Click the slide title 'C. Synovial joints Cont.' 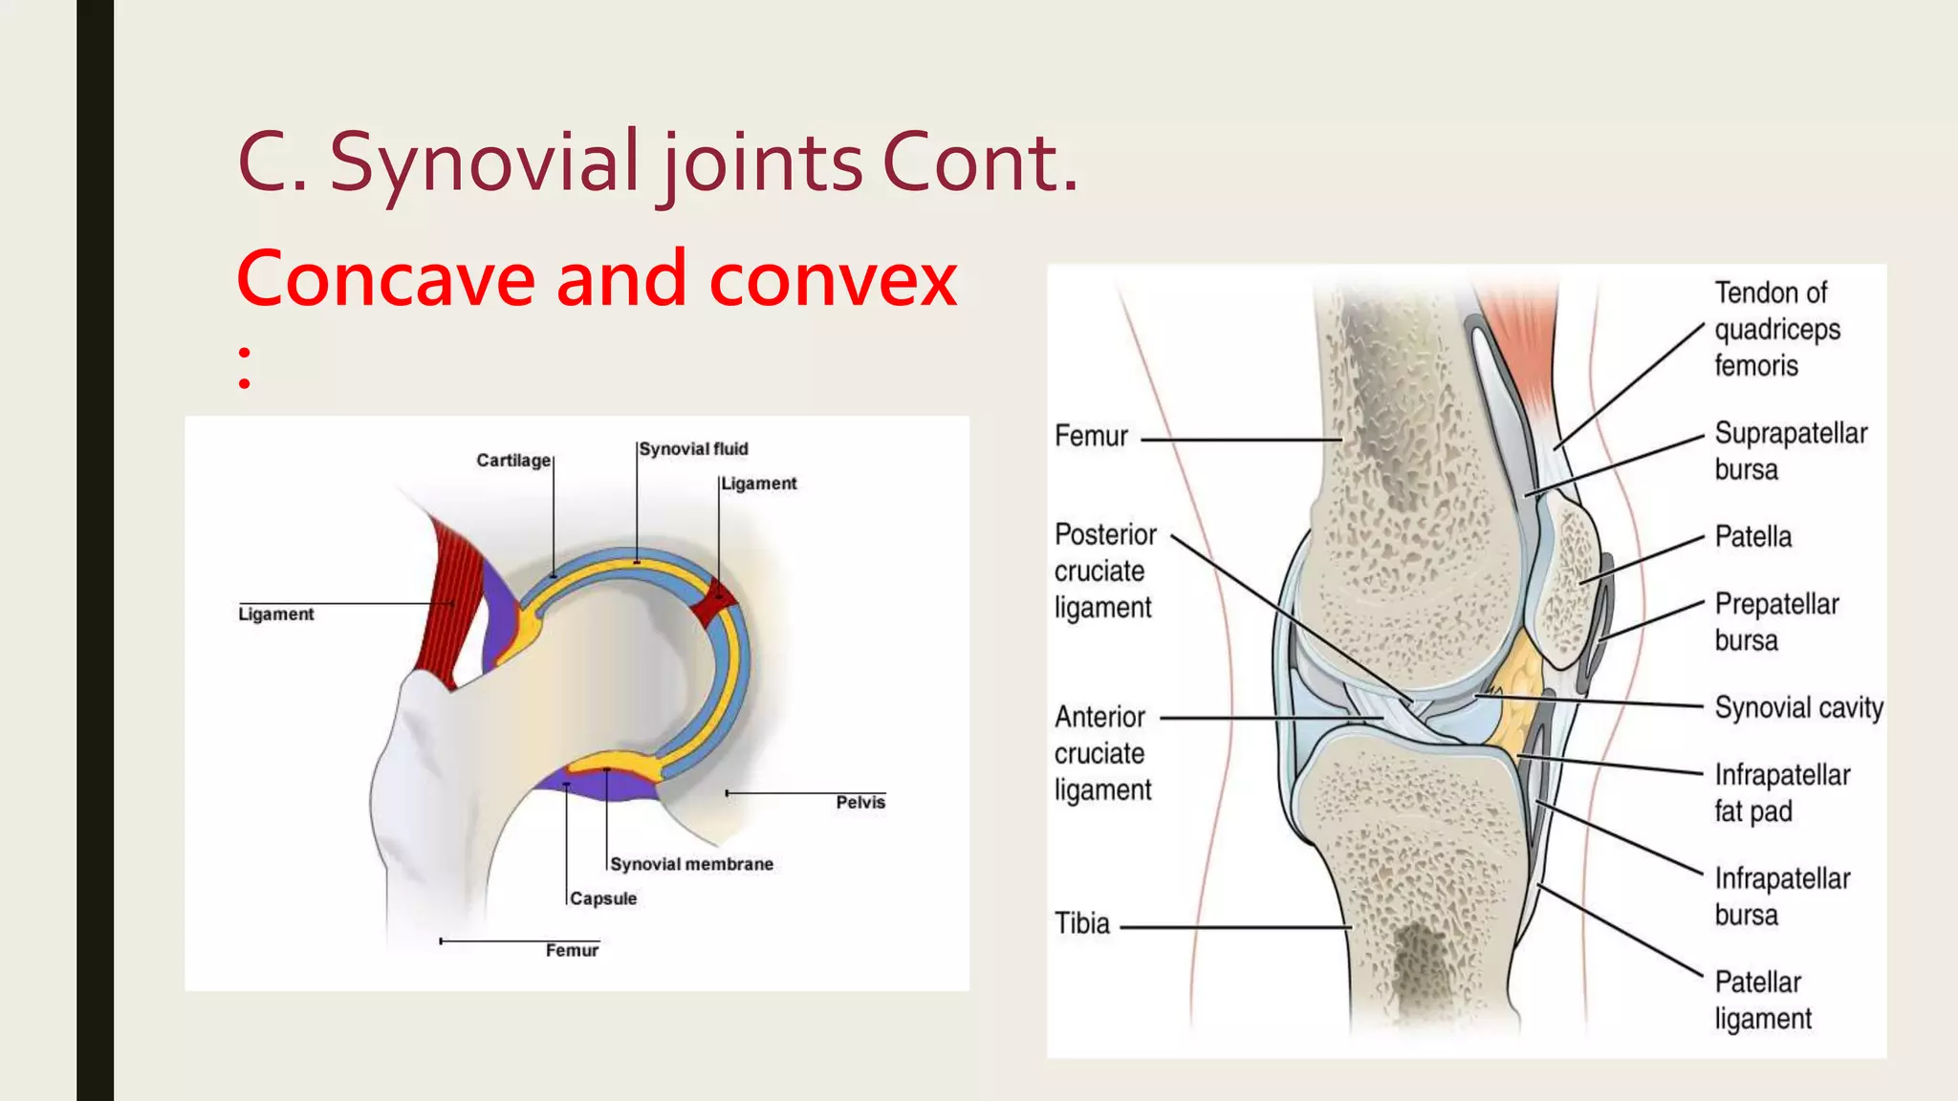(658, 162)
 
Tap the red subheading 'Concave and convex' (597, 279)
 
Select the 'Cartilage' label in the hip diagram (513, 461)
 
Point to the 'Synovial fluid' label (693, 449)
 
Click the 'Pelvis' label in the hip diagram (860, 803)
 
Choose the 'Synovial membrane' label (691, 864)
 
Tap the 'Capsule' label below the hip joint (603, 898)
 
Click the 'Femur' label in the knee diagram (1091, 437)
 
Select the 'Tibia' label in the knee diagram (1082, 923)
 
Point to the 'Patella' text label (1752, 537)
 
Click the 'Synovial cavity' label (1798, 708)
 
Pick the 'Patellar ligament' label (1762, 1000)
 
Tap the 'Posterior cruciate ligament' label (1105, 571)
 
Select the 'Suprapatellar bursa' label (1790, 451)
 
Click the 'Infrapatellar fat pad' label (1781, 792)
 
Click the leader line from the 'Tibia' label (1233, 927)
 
